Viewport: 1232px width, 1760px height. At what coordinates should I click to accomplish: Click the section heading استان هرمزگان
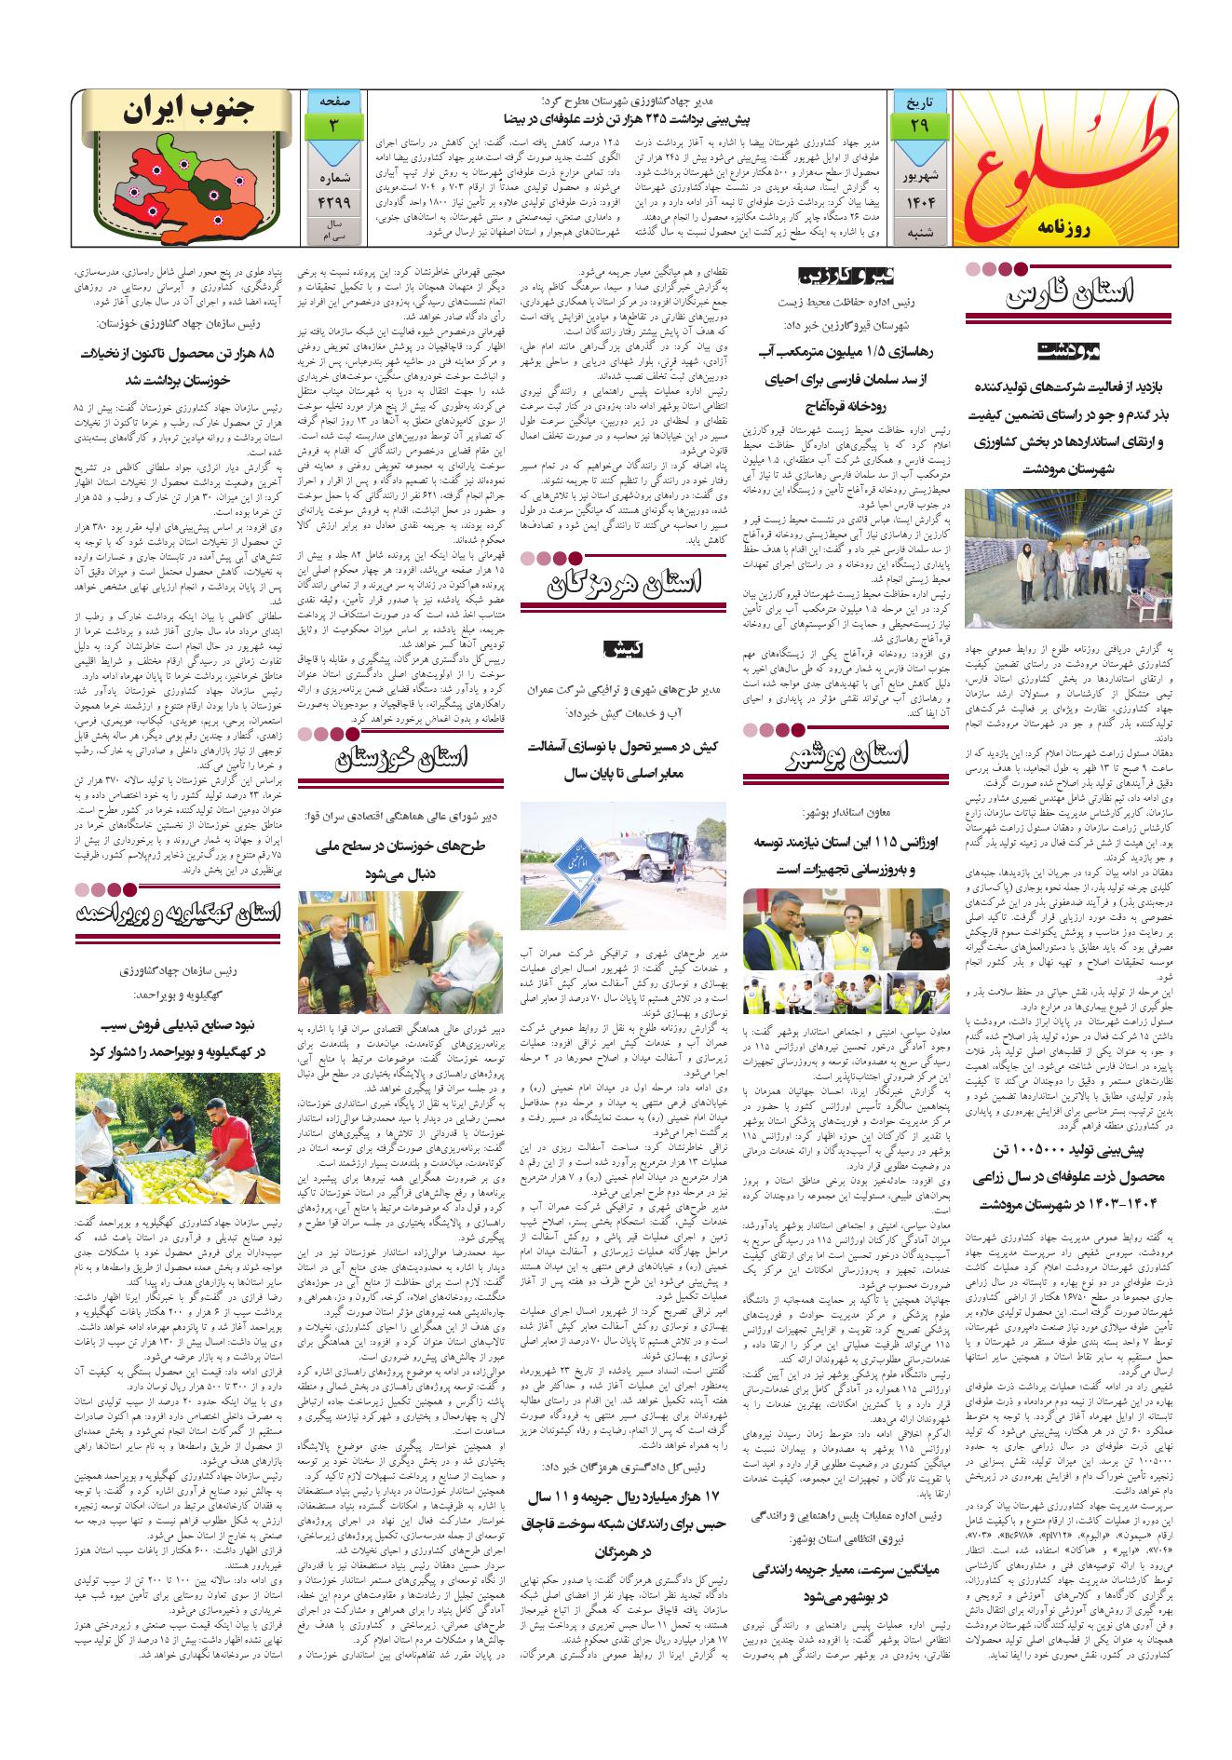click(624, 584)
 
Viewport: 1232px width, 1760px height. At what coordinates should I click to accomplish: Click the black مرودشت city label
click(1069, 352)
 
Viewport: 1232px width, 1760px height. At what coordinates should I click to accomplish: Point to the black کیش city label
click(623, 645)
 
